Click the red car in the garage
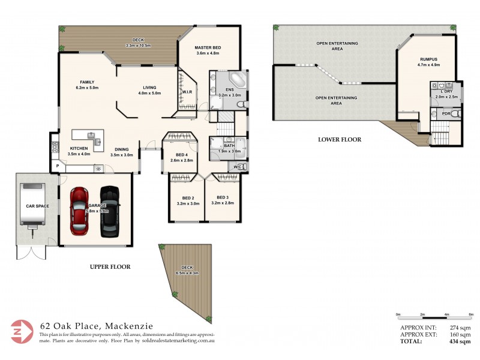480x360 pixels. pos(80,211)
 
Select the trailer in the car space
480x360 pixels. pos(32,204)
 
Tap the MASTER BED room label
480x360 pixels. pos(208,50)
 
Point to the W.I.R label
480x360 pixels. pos(187,92)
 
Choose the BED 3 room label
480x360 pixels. pos(223,200)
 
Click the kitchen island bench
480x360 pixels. pos(88,137)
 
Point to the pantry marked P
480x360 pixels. pos(58,167)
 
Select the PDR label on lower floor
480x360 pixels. pos(446,113)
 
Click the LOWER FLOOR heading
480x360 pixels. pos(340,139)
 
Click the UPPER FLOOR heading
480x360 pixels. pos(110,266)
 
